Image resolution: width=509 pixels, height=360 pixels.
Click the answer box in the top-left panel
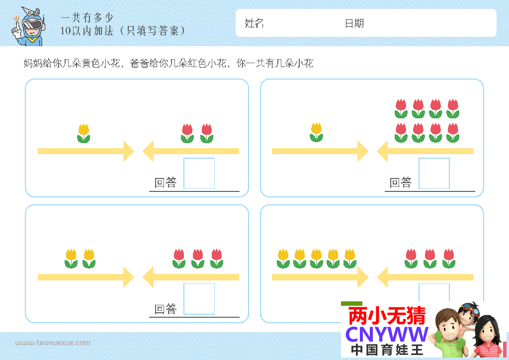point(199,174)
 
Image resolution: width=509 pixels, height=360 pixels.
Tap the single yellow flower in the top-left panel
point(84,133)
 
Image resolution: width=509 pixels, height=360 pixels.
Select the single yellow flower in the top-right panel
point(316,132)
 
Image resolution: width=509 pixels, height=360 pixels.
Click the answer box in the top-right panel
point(434,174)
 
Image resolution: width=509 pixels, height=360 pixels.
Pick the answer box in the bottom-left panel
point(199,299)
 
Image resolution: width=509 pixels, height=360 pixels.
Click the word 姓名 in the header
point(254,23)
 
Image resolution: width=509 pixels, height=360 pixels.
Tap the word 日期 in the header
point(354,23)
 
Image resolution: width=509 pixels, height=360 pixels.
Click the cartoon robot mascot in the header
point(28,27)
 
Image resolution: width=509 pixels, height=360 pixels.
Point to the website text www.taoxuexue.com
point(53,343)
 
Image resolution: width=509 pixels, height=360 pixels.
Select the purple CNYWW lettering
point(387,334)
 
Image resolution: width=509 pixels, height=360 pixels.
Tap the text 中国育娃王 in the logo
point(387,350)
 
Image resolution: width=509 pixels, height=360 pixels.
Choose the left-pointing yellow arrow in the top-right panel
point(425,151)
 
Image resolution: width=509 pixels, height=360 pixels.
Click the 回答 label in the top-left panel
point(166,183)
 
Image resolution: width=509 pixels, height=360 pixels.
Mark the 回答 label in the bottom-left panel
point(166,309)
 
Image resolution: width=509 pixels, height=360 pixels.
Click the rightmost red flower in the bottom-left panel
point(216,259)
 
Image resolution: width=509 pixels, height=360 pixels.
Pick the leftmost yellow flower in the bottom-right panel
point(283,259)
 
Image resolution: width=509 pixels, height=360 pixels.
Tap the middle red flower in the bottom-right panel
point(430,259)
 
